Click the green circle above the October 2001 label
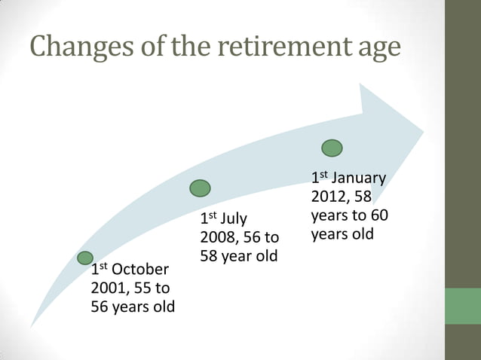pyautogui.click(x=85, y=258)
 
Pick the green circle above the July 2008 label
pyautogui.click(x=200, y=188)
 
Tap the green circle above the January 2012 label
pyautogui.click(x=332, y=148)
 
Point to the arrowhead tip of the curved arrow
pyautogui.click(x=423, y=131)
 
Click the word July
pyautogui.click(x=233, y=220)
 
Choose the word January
pyautogui.click(x=358, y=178)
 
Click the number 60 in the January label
pyautogui.click(x=378, y=215)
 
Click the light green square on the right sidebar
pyautogui.click(x=462, y=306)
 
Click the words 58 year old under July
pyautogui.click(x=238, y=256)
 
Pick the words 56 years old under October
pyautogui.click(x=133, y=307)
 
